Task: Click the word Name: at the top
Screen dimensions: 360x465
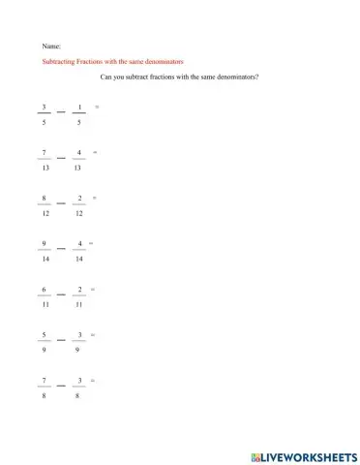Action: click(x=52, y=46)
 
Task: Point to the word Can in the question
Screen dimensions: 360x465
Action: click(x=106, y=77)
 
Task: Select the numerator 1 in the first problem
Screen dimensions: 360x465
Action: click(x=78, y=106)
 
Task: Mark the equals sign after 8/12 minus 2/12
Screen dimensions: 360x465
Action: click(x=95, y=197)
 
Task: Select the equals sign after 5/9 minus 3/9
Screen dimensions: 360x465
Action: click(x=93, y=334)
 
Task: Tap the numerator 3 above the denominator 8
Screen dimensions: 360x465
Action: click(x=78, y=380)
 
